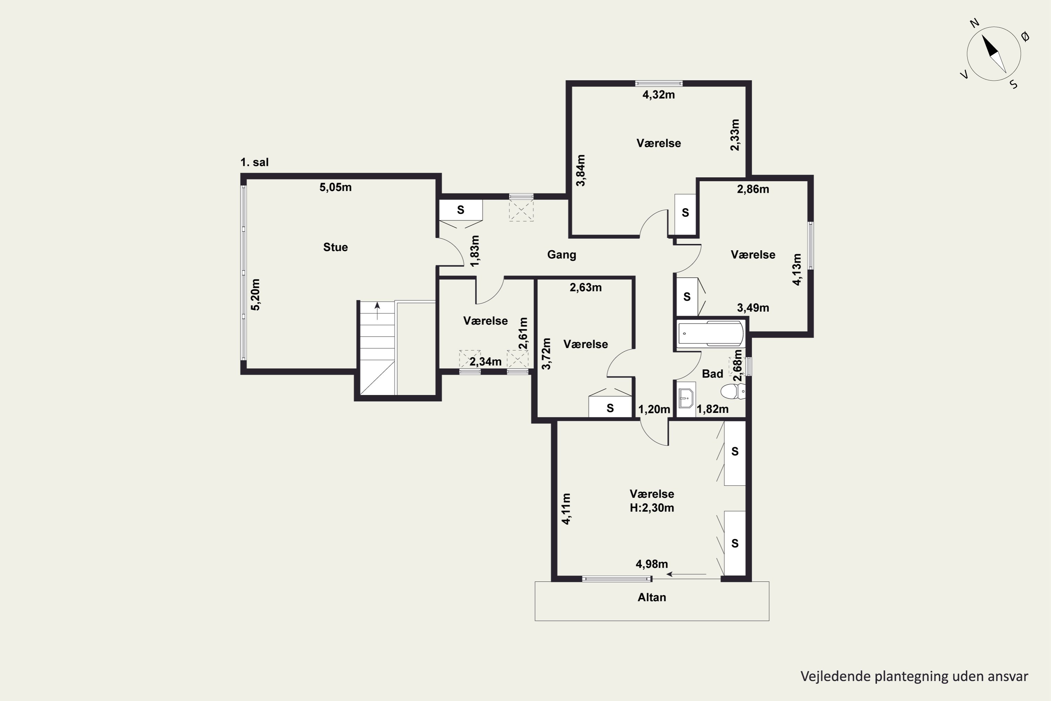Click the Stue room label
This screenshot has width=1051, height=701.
coord(335,247)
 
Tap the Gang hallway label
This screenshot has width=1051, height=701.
coord(562,255)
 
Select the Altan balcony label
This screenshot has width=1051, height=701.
coord(652,597)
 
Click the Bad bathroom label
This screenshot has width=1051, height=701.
coord(712,374)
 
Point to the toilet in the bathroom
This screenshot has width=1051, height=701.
coord(733,391)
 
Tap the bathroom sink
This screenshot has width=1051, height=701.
coord(686,398)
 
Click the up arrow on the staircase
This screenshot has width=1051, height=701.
coord(378,311)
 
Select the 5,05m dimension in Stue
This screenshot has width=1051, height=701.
coord(335,187)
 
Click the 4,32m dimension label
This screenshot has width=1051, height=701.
coord(659,95)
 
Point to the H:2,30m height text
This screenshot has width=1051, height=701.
coord(652,508)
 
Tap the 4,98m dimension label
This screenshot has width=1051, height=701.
coord(652,564)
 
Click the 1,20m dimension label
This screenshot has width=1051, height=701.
coord(654,409)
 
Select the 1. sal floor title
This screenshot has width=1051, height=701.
coord(254,162)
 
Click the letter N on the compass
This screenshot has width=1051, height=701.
coord(975,23)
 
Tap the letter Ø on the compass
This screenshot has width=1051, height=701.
coord(1025,37)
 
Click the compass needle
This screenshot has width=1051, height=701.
coord(994,54)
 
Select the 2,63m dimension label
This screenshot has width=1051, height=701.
coord(585,287)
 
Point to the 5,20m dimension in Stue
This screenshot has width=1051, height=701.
coord(255,295)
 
